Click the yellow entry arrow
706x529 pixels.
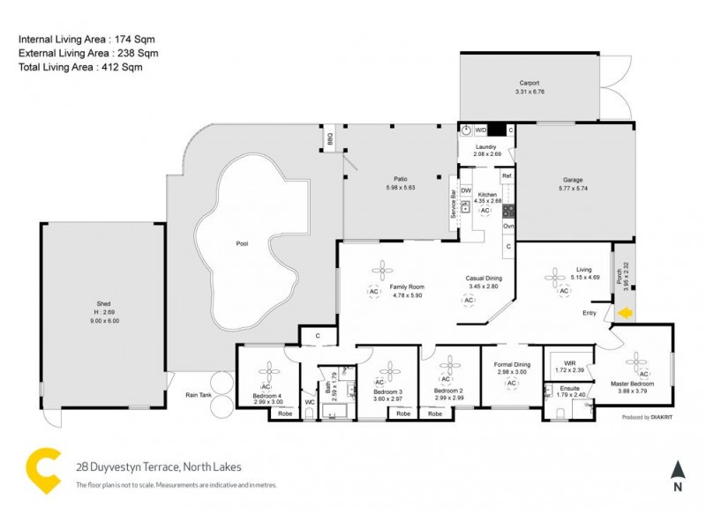point(626,312)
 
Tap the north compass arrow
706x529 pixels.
point(677,470)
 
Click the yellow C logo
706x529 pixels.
point(43,471)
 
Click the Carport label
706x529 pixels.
point(529,83)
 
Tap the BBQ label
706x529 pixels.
point(331,139)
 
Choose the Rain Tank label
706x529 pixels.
point(199,395)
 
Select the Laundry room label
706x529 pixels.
point(485,147)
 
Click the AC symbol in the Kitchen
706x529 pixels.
point(484,211)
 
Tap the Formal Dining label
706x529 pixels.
point(511,365)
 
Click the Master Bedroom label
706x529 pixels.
point(633,384)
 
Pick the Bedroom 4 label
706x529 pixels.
point(267,394)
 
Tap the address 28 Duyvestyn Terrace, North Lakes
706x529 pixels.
point(159,467)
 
